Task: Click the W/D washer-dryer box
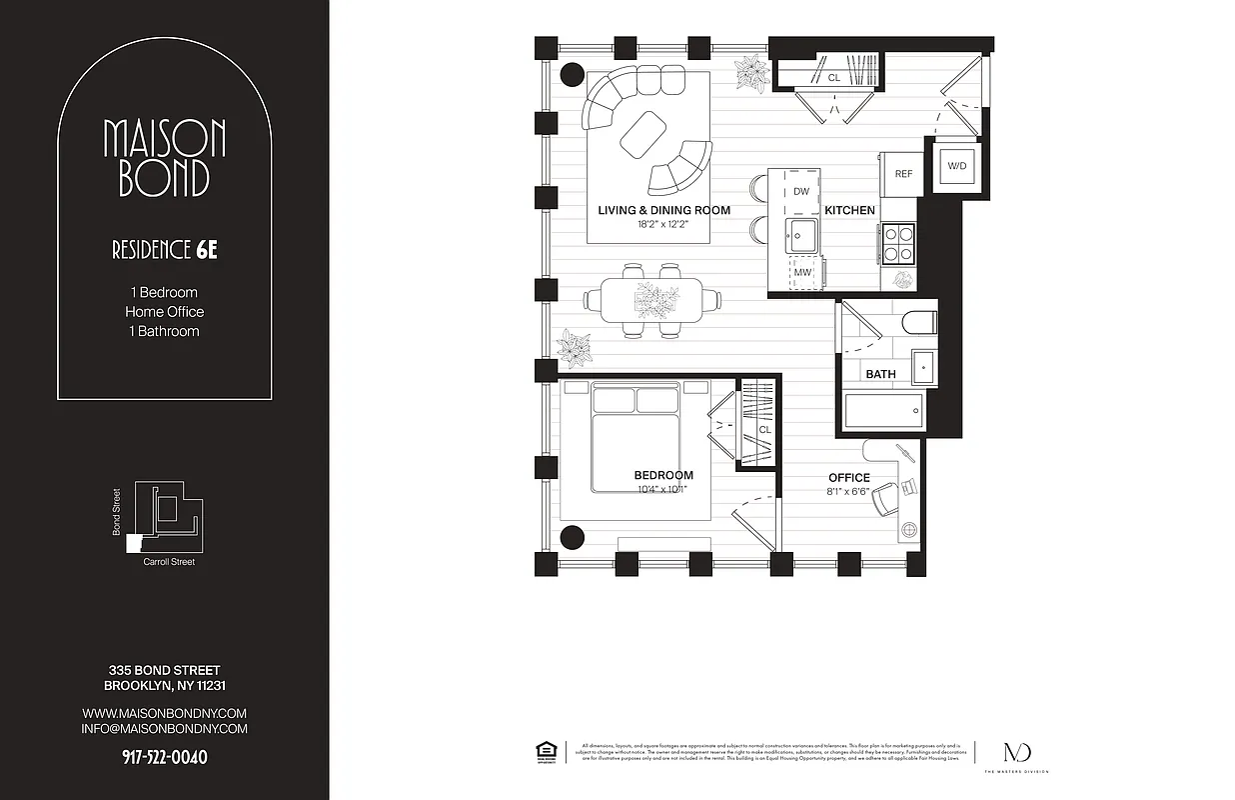coord(955,166)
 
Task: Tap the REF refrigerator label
coord(903,174)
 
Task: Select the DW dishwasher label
coord(801,191)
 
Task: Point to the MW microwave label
coord(801,272)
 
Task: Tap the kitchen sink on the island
coord(800,237)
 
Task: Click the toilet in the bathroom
coord(918,322)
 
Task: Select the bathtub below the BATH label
coord(884,411)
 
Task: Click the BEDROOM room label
coord(663,476)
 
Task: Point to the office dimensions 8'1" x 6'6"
coord(848,491)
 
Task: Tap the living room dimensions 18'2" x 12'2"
coord(663,224)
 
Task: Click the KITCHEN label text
coord(849,211)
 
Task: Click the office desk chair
coord(888,499)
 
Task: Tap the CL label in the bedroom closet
coord(764,430)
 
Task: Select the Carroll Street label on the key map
coord(169,562)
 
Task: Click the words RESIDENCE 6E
coord(164,250)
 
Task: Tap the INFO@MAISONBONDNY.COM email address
coord(164,729)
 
